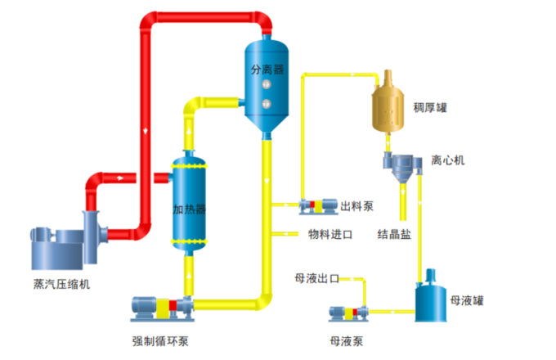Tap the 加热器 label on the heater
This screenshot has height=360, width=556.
(x=188, y=209)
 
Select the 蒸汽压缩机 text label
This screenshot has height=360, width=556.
(x=61, y=284)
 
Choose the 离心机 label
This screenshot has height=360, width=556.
(x=448, y=160)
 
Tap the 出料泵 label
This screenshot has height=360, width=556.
(x=356, y=205)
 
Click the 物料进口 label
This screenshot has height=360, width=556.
(x=330, y=235)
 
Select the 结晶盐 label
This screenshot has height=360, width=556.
(x=394, y=235)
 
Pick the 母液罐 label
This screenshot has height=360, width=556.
(x=467, y=301)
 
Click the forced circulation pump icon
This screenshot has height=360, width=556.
(x=160, y=308)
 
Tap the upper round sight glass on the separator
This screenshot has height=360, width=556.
(x=265, y=85)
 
